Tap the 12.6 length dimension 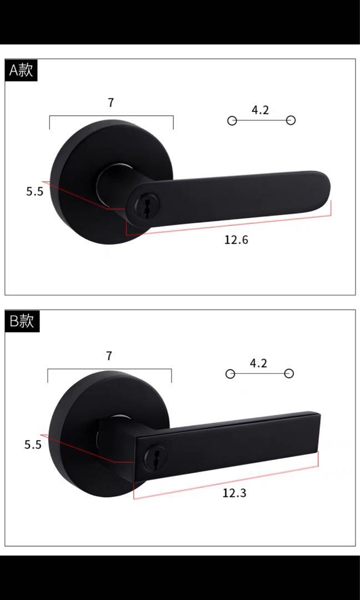[x=236, y=240]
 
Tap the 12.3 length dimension [x=234, y=493]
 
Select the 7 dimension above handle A [x=111, y=103]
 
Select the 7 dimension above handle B [x=109, y=356]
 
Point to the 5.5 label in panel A [x=34, y=192]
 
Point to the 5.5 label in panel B [x=33, y=444]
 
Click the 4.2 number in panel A [x=260, y=110]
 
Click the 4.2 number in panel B [x=258, y=363]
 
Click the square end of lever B [x=314, y=431]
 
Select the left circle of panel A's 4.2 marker [x=232, y=121]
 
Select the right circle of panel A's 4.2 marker [x=291, y=121]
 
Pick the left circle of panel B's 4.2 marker [x=230, y=373]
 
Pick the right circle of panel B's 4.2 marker [x=289, y=373]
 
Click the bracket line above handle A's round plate [x=111, y=116]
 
